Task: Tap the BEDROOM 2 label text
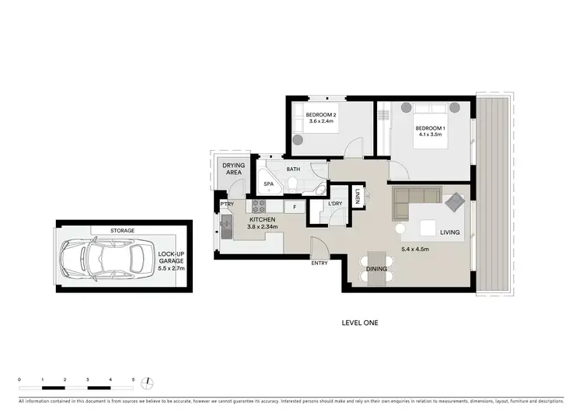point(322,117)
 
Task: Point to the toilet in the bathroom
point(291,183)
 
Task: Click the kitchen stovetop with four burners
point(259,207)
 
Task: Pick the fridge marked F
point(294,207)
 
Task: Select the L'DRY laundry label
point(336,204)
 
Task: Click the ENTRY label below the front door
point(319,263)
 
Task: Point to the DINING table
point(376,267)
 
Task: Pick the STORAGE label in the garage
point(121,230)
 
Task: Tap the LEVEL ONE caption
point(360,322)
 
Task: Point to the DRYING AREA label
point(234,169)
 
